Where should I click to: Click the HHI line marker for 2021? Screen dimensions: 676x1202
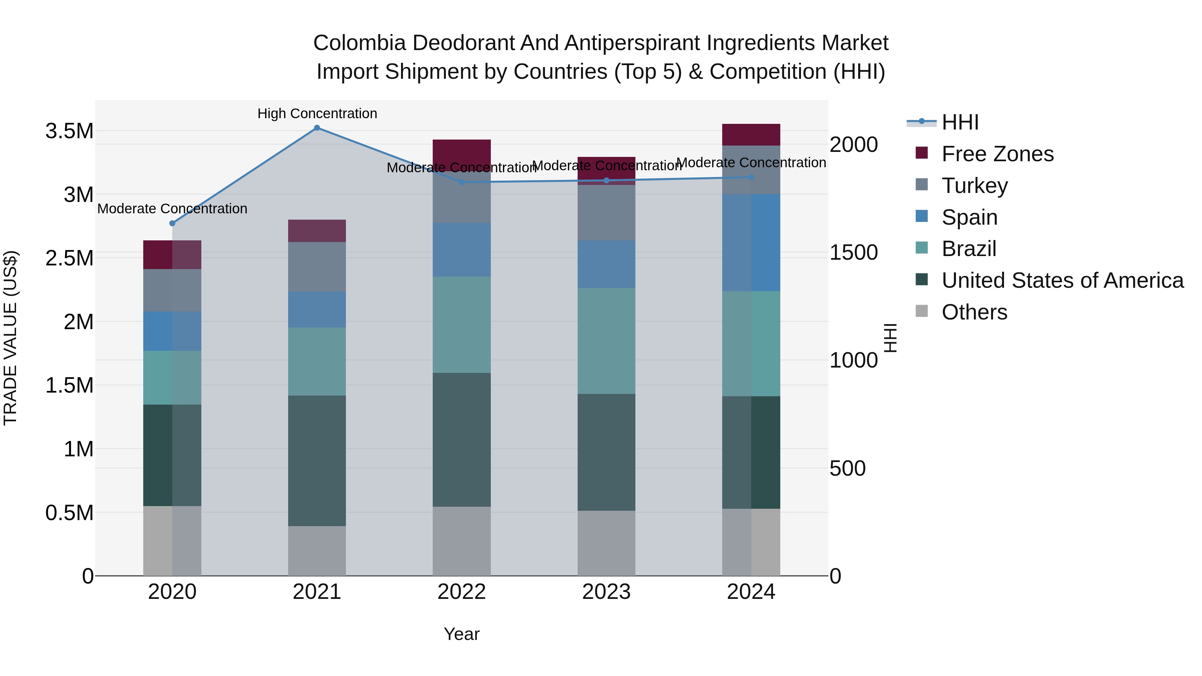click(317, 128)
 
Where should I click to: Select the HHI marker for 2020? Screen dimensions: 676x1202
click(172, 223)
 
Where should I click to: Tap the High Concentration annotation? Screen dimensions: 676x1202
click(317, 114)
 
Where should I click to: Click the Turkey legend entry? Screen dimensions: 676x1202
click(974, 186)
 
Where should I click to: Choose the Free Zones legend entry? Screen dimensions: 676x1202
click(997, 154)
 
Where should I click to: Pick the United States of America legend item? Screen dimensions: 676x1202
click(1062, 280)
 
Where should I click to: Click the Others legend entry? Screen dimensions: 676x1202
click(974, 312)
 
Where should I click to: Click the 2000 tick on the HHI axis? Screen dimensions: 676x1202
click(853, 145)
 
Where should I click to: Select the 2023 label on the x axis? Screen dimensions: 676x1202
click(606, 592)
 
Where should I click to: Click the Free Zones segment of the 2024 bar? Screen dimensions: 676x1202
click(751, 135)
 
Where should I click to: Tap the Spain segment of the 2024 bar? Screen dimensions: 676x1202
click(751, 243)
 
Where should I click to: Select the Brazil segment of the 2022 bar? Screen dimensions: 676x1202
click(461, 325)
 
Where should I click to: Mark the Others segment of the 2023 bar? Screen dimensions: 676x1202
click(606, 543)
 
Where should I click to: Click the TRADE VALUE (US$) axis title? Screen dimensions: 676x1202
click(10, 338)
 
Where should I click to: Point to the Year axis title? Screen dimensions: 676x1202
click(461, 634)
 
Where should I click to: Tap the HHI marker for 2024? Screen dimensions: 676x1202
click(751, 177)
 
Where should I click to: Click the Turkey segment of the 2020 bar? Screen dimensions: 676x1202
click(172, 290)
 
